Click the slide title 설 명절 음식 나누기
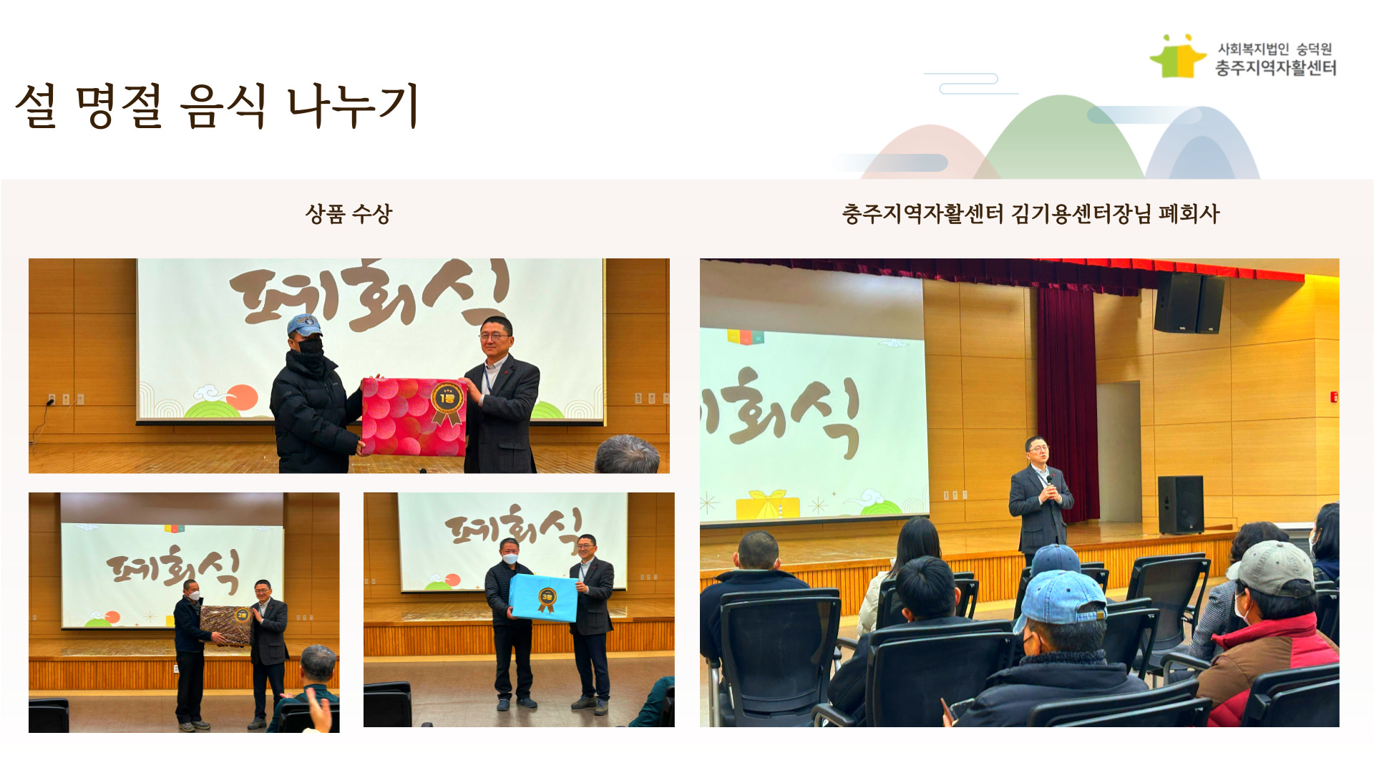(217, 106)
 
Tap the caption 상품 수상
(349, 213)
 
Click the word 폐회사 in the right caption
(1189, 213)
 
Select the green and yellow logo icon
(1178, 57)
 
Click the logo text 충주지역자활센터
(1276, 68)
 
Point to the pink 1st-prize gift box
(414, 417)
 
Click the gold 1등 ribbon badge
(447, 402)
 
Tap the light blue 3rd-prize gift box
(542, 598)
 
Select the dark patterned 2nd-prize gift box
(225, 624)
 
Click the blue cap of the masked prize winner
(304, 326)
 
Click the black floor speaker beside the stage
(1180, 505)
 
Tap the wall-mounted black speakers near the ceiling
(1189, 303)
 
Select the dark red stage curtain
(1067, 401)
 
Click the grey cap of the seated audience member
(1272, 569)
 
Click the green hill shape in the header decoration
(1063, 140)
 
